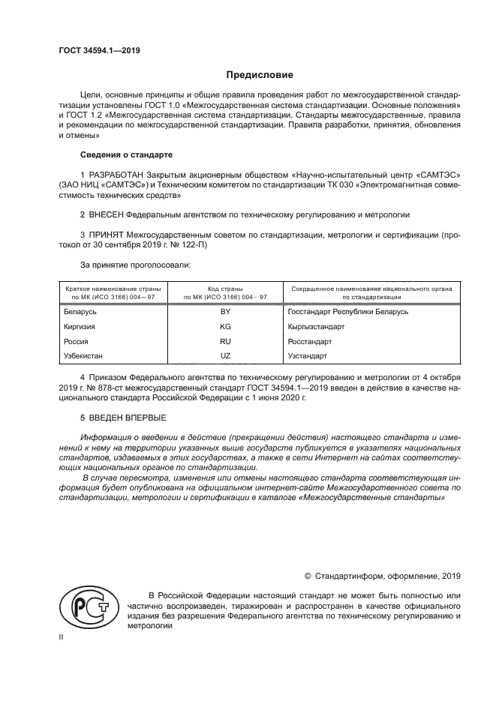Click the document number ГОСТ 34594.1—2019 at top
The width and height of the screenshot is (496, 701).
[100, 51]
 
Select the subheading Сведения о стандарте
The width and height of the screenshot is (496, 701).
[126, 154]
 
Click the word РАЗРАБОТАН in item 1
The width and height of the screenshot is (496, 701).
[116, 175]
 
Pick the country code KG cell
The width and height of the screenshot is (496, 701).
[225, 326]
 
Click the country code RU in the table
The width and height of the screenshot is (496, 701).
[225, 341]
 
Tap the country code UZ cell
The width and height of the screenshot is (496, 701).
[225, 356]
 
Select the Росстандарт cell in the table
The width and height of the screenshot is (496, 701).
[309, 341]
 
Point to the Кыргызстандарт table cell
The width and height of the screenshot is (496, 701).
[316, 326]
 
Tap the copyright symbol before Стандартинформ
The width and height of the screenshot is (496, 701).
[307, 576]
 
